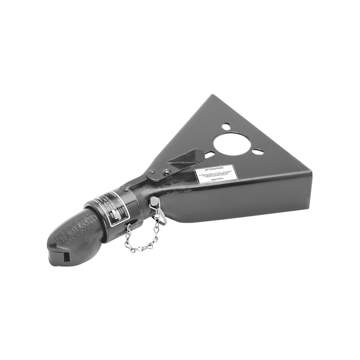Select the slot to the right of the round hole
(x=258, y=152)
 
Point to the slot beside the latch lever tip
(x=210, y=155)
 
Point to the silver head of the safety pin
(x=154, y=201)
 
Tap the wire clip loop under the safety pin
(x=160, y=216)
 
